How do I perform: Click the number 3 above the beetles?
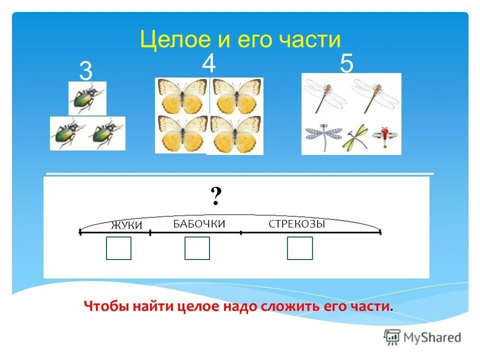(85, 72)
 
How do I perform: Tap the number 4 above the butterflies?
(208, 64)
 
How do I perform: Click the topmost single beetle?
(86, 98)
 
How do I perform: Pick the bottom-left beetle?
(68, 133)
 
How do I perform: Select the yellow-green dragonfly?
(355, 136)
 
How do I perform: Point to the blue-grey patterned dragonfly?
(323, 135)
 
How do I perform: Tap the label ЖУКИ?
(126, 225)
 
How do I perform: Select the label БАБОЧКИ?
(199, 224)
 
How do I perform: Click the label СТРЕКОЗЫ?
(297, 224)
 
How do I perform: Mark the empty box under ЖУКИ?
(118, 248)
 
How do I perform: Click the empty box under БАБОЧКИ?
(197, 248)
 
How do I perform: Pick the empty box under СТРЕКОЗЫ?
(299, 248)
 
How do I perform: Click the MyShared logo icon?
(392, 337)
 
